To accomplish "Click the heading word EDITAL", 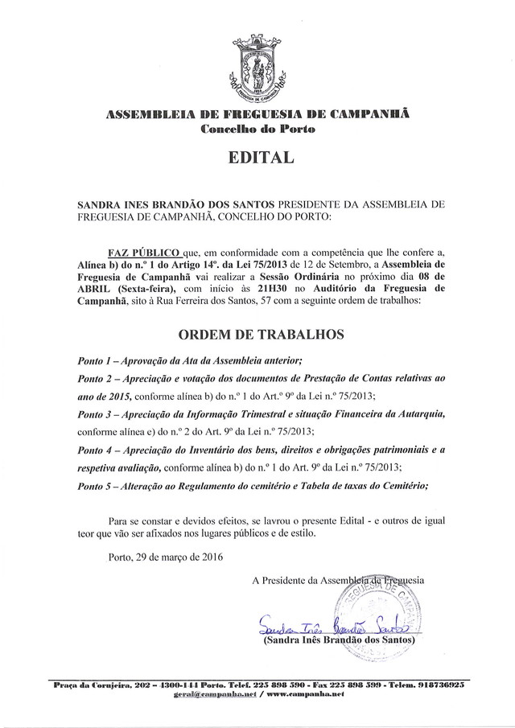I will (x=257, y=158).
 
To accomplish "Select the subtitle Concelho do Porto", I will (x=257, y=129).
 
